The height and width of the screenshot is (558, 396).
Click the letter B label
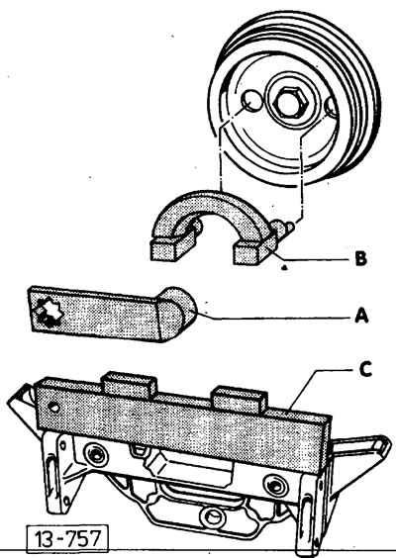coord(360,258)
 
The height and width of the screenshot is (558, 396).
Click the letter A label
coord(361,316)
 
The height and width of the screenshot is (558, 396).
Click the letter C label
coord(365,369)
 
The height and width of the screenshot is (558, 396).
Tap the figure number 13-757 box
coord(67,537)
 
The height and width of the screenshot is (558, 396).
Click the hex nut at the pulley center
coord(289,102)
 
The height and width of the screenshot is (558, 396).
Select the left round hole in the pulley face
coord(251,101)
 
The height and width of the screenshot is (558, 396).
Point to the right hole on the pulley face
coord(332,107)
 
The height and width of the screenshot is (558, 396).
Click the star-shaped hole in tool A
coord(50,314)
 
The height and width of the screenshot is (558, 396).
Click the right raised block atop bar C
coord(240,400)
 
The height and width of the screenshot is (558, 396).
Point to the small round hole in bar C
coord(54,408)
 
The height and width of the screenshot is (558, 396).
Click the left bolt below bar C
coord(95,454)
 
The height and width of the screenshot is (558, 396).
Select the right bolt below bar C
coord(275,486)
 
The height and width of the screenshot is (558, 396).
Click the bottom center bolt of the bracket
coord(213,516)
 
